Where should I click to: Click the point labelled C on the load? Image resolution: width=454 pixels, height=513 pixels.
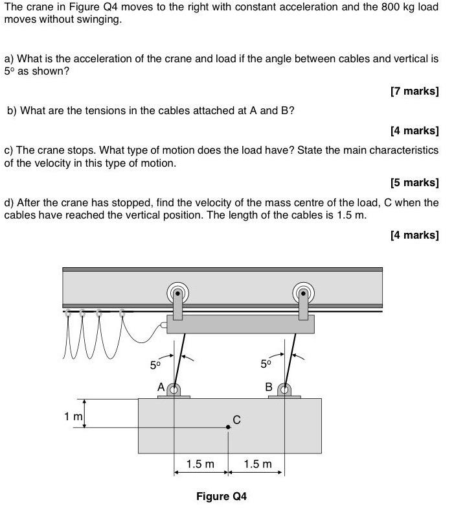[x=228, y=427]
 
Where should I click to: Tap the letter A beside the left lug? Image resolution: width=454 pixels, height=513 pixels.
[x=161, y=387]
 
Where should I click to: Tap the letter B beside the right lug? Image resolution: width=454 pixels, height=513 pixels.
[x=269, y=387]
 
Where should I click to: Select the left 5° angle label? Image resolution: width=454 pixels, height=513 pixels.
[x=155, y=365]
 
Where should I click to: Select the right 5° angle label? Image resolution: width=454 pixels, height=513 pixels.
[x=266, y=364]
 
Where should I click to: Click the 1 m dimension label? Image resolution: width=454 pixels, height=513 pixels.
[x=73, y=416]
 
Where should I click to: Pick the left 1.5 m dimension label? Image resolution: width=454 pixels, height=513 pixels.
[x=200, y=464]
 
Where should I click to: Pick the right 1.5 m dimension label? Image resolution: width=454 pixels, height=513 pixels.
[x=258, y=464]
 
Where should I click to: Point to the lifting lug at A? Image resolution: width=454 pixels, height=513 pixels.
[x=173, y=390]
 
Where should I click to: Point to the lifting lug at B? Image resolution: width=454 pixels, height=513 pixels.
[x=284, y=390]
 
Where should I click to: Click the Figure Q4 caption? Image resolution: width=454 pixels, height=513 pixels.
[x=221, y=497]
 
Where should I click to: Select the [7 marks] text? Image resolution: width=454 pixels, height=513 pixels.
[x=414, y=91]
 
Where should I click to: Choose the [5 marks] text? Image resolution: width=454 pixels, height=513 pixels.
[x=414, y=182]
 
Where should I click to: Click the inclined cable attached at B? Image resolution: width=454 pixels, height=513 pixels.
[x=290, y=358]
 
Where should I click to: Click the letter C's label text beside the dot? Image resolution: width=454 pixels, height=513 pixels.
[x=236, y=420]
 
